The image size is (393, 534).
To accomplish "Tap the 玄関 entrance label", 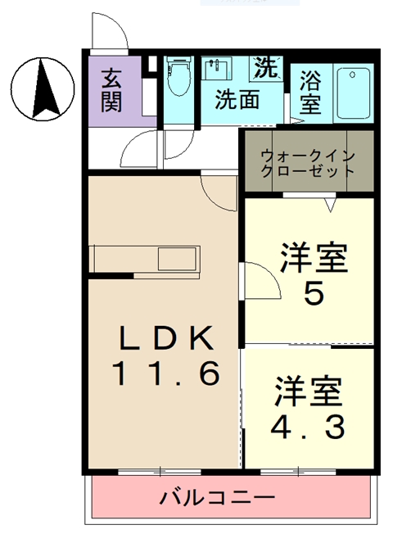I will click(113, 91).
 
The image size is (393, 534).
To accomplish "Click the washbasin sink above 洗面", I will click(218, 68).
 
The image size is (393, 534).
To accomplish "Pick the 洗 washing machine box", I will click(265, 66).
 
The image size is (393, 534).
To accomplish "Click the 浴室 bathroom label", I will click(309, 92).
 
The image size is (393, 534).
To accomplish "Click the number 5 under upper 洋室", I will click(313, 295).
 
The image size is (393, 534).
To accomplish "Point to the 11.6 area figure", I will click(165, 374).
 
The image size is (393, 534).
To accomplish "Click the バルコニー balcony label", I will click(216, 496).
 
